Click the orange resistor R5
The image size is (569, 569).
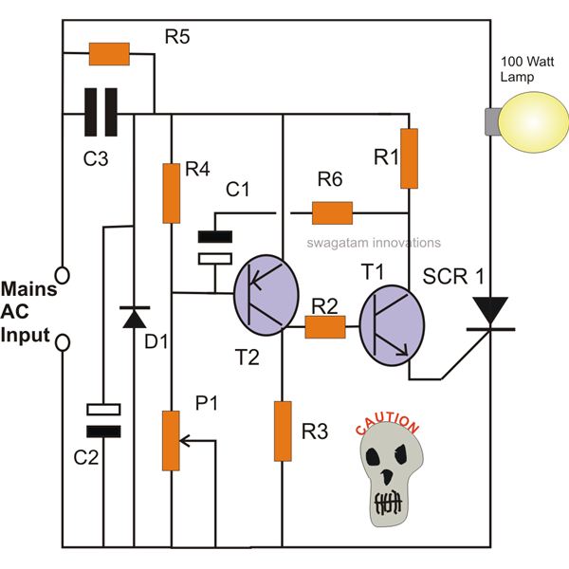click(x=109, y=54)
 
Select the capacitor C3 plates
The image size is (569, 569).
click(x=101, y=112)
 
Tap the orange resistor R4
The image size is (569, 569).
click(x=172, y=193)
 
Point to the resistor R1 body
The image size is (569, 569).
click(x=409, y=158)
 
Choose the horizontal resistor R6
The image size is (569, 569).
click(x=333, y=213)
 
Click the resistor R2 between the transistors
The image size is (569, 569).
click(x=325, y=327)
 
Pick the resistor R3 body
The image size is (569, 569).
click(x=283, y=431)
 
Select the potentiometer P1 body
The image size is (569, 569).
click(x=171, y=441)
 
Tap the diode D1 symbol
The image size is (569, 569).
click(x=135, y=317)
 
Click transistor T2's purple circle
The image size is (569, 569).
click(x=266, y=295)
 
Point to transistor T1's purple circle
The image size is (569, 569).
click(x=392, y=325)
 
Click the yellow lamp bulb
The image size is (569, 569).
click(x=533, y=122)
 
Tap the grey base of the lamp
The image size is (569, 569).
click(x=492, y=121)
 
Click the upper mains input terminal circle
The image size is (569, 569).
click(x=63, y=275)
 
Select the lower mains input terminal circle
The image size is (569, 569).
click(x=63, y=343)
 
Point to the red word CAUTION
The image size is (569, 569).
click(x=387, y=424)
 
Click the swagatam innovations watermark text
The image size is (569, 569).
click(x=374, y=243)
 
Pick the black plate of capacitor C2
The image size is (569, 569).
click(x=103, y=431)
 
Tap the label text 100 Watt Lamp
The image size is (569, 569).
click(x=527, y=69)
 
